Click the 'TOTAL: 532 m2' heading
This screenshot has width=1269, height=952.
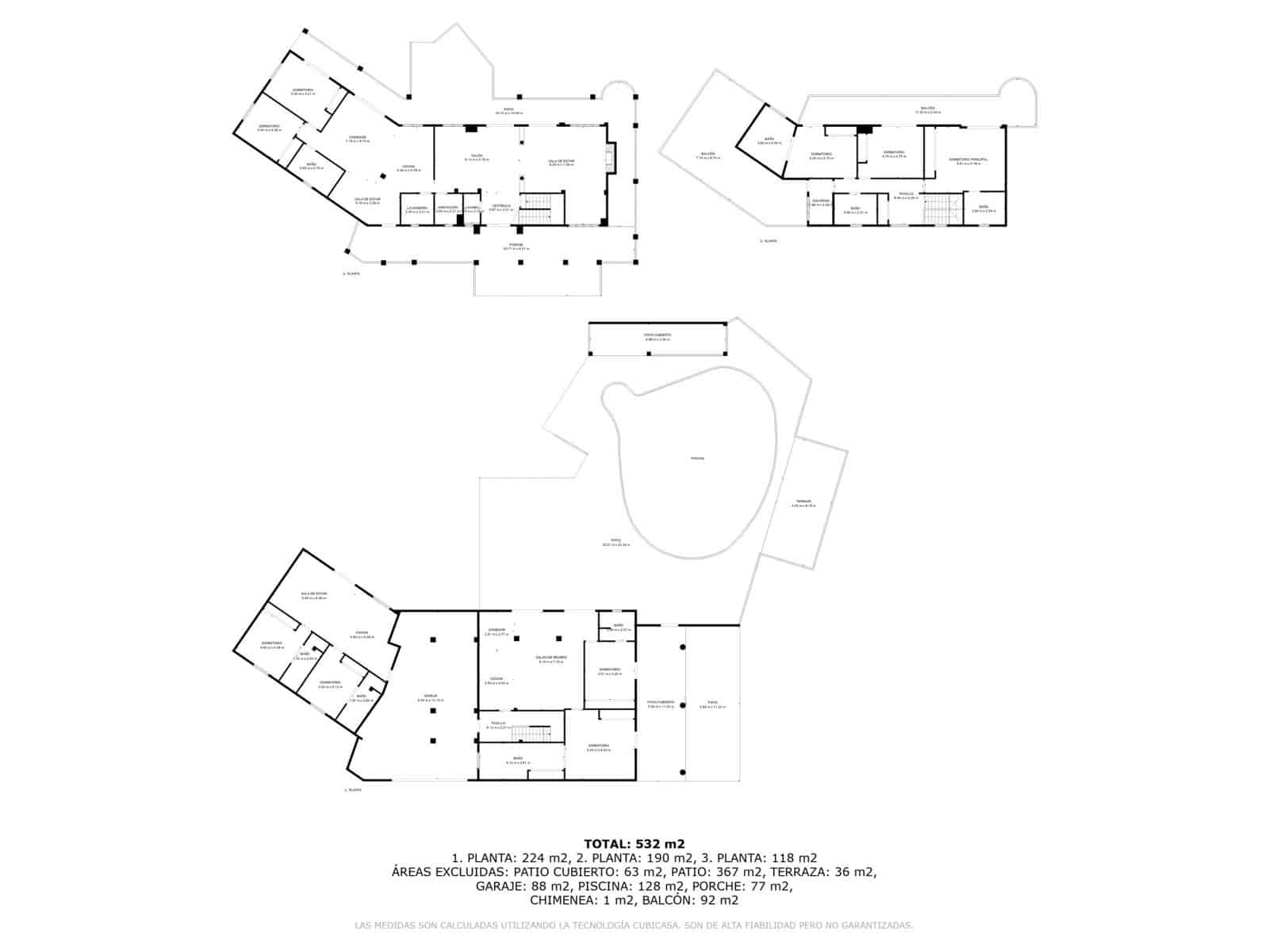tap(634, 843)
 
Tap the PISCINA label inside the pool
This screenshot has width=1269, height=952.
tap(697, 459)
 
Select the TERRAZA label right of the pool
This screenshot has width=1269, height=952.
tap(803, 502)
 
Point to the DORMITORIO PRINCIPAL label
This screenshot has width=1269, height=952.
tap(968, 159)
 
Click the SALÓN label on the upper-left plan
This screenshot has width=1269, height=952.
tap(476, 156)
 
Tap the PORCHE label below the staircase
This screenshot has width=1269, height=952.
tap(516, 244)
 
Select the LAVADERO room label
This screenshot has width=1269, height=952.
tap(417, 208)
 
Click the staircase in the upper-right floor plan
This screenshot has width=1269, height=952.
tap(941, 210)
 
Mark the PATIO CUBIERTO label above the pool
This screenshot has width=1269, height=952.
tap(657, 336)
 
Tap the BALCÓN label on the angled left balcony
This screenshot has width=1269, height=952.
tap(707, 154)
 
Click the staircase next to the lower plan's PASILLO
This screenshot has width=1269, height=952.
tap(529, 735)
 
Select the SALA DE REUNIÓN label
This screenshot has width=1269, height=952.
tap(551, 658)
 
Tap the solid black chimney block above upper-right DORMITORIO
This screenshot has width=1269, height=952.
tap(865, 129)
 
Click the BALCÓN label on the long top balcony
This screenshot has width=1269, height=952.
tap(927, 108)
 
